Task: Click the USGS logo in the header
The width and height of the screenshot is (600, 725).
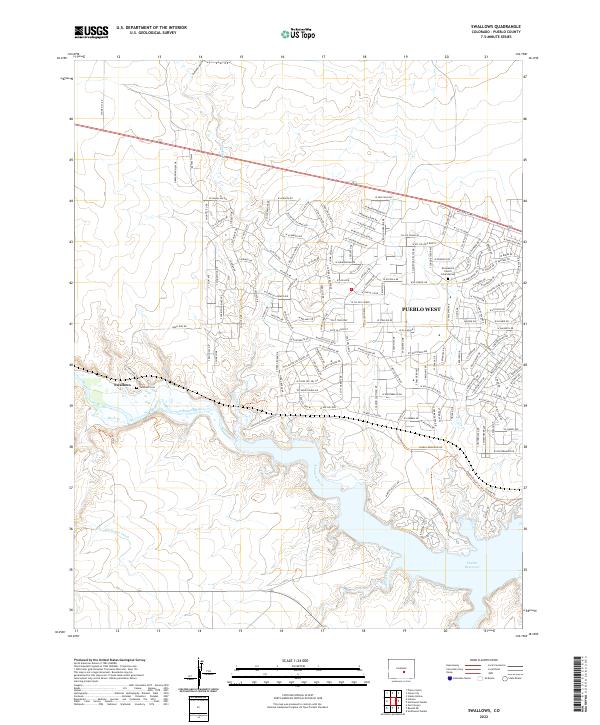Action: pos(91,32)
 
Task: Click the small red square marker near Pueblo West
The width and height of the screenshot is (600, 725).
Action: pos(352,291)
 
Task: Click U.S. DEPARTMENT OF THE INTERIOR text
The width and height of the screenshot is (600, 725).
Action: pos(144,29)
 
